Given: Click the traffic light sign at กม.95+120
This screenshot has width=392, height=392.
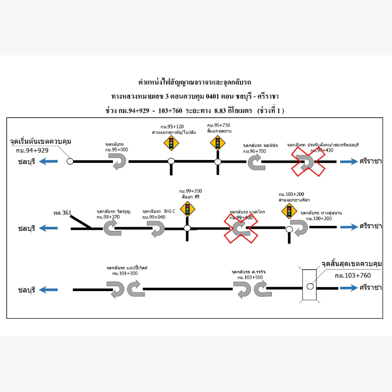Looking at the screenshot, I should point(171,143).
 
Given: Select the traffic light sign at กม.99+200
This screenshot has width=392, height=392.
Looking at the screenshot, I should point(188,209).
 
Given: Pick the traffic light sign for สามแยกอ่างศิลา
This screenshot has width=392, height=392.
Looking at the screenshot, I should point(289,211).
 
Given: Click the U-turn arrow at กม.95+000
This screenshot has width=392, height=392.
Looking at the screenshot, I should point(119,161).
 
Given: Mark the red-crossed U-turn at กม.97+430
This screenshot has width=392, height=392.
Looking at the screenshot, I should point(309,162).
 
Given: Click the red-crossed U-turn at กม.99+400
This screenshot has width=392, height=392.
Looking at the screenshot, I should point(241,228).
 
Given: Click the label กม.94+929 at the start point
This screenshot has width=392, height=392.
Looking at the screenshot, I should point(32,150).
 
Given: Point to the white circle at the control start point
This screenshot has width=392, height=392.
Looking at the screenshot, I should point(70,161).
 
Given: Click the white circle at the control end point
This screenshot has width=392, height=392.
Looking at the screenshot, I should point(310,286).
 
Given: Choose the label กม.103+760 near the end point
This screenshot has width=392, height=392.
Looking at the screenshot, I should point(352,275).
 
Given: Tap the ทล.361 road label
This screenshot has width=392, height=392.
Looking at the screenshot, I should point(62,213).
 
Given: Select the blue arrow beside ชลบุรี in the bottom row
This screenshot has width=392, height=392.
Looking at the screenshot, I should point(48,290).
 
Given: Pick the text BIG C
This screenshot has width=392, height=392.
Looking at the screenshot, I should point(170,211).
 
